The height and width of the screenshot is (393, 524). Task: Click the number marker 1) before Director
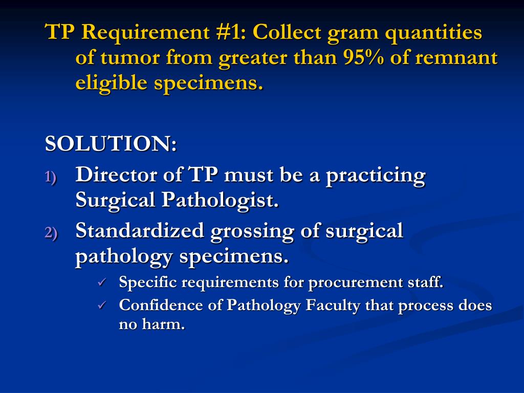(x=51, y=177)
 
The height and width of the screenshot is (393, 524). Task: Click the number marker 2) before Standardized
(x=51, y=233)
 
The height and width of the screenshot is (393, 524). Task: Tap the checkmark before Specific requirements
(x=102, y=282)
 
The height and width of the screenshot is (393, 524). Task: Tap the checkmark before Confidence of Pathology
(x=102, y=305)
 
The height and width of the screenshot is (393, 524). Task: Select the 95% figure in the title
(x=366, y=58)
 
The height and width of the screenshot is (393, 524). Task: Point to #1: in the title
(x=229, y=33)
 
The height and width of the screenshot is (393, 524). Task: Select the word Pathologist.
(x=221, y=200)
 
